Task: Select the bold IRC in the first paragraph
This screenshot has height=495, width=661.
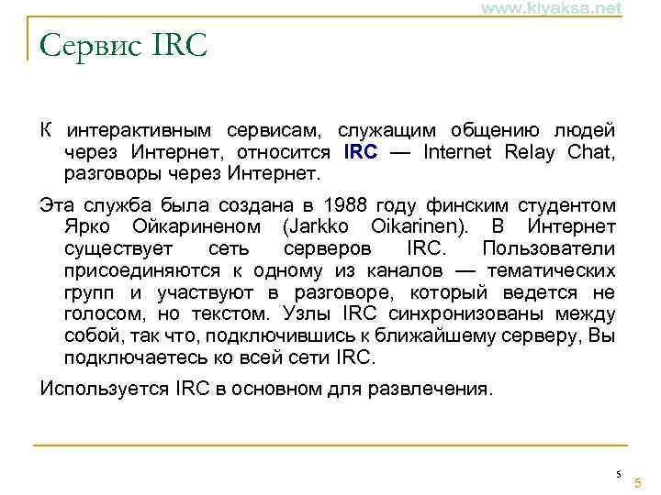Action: point(360,152)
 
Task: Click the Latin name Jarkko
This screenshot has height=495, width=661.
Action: point(320,226)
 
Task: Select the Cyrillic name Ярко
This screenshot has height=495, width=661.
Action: point(88,226)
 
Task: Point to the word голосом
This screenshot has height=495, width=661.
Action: point(97,314)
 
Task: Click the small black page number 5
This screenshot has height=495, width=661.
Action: point(619,473)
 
